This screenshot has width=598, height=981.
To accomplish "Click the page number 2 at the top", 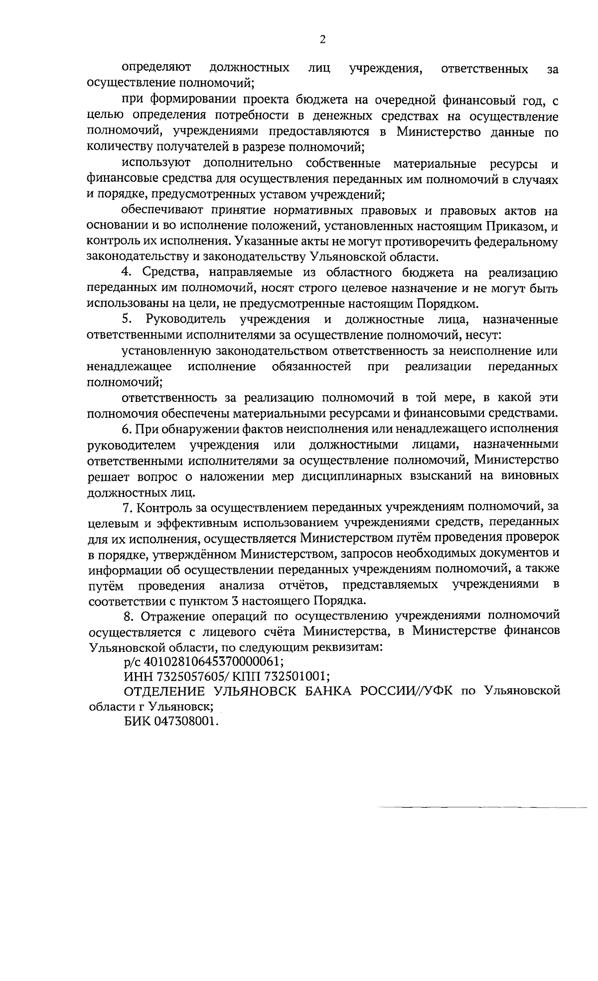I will [x=322, y=39].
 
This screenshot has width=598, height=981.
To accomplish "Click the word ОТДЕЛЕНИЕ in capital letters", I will [x=165, y=691].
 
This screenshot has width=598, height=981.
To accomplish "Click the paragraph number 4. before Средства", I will [x=127, y=273].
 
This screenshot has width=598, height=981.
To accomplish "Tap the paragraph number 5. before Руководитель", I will [x=127, y=319].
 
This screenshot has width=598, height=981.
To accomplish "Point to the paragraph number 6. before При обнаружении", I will [x=127, y=428].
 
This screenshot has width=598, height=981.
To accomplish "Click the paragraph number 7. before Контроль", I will [x=127, y=507].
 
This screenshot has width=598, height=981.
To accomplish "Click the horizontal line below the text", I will [x=481, y=806].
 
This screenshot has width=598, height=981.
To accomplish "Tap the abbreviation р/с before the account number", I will [x=132, y=662].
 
